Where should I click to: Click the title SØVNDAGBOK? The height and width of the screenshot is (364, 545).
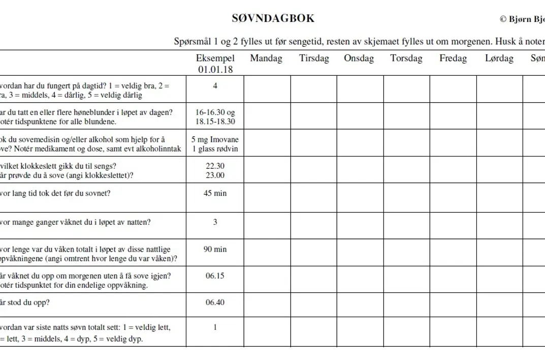(x=273, y=18)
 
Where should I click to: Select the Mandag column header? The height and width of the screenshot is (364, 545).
(x=266, y=58)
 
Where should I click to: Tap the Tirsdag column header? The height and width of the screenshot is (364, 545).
(x=314, y=58)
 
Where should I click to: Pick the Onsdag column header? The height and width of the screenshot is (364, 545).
(x=359, y=58)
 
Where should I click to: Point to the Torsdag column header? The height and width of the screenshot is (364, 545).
(x=406, y=58)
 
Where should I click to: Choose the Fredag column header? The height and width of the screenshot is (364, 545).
(x=453, y=58)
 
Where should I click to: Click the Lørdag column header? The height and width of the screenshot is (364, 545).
(x=499, y=58)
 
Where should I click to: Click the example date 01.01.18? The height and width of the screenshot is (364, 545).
(x=215, y=70)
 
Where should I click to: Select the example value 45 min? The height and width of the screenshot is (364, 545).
(x=215, y=193)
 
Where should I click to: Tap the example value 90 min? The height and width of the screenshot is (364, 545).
(x=215, y=249)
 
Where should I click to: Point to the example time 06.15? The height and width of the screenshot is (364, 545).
(x=215, y=276)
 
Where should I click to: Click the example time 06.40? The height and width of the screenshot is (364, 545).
(x=215, y=302)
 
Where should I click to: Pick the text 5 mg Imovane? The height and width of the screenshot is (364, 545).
(x=215, y=139)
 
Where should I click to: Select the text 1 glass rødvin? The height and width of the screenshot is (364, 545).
(x=215, y=149)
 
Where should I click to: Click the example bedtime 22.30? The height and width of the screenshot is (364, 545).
(x=215, y=166)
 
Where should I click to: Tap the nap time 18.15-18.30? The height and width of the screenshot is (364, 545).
(x=215, y=122)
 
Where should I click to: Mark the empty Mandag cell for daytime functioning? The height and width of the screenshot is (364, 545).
(x=267, y=89)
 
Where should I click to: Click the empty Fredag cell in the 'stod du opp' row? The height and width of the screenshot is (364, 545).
(x=453, y=305)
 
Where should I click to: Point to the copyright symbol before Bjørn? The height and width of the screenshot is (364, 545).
(x=503, y=19)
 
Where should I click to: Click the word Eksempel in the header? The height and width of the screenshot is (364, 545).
(x=215, y=58)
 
